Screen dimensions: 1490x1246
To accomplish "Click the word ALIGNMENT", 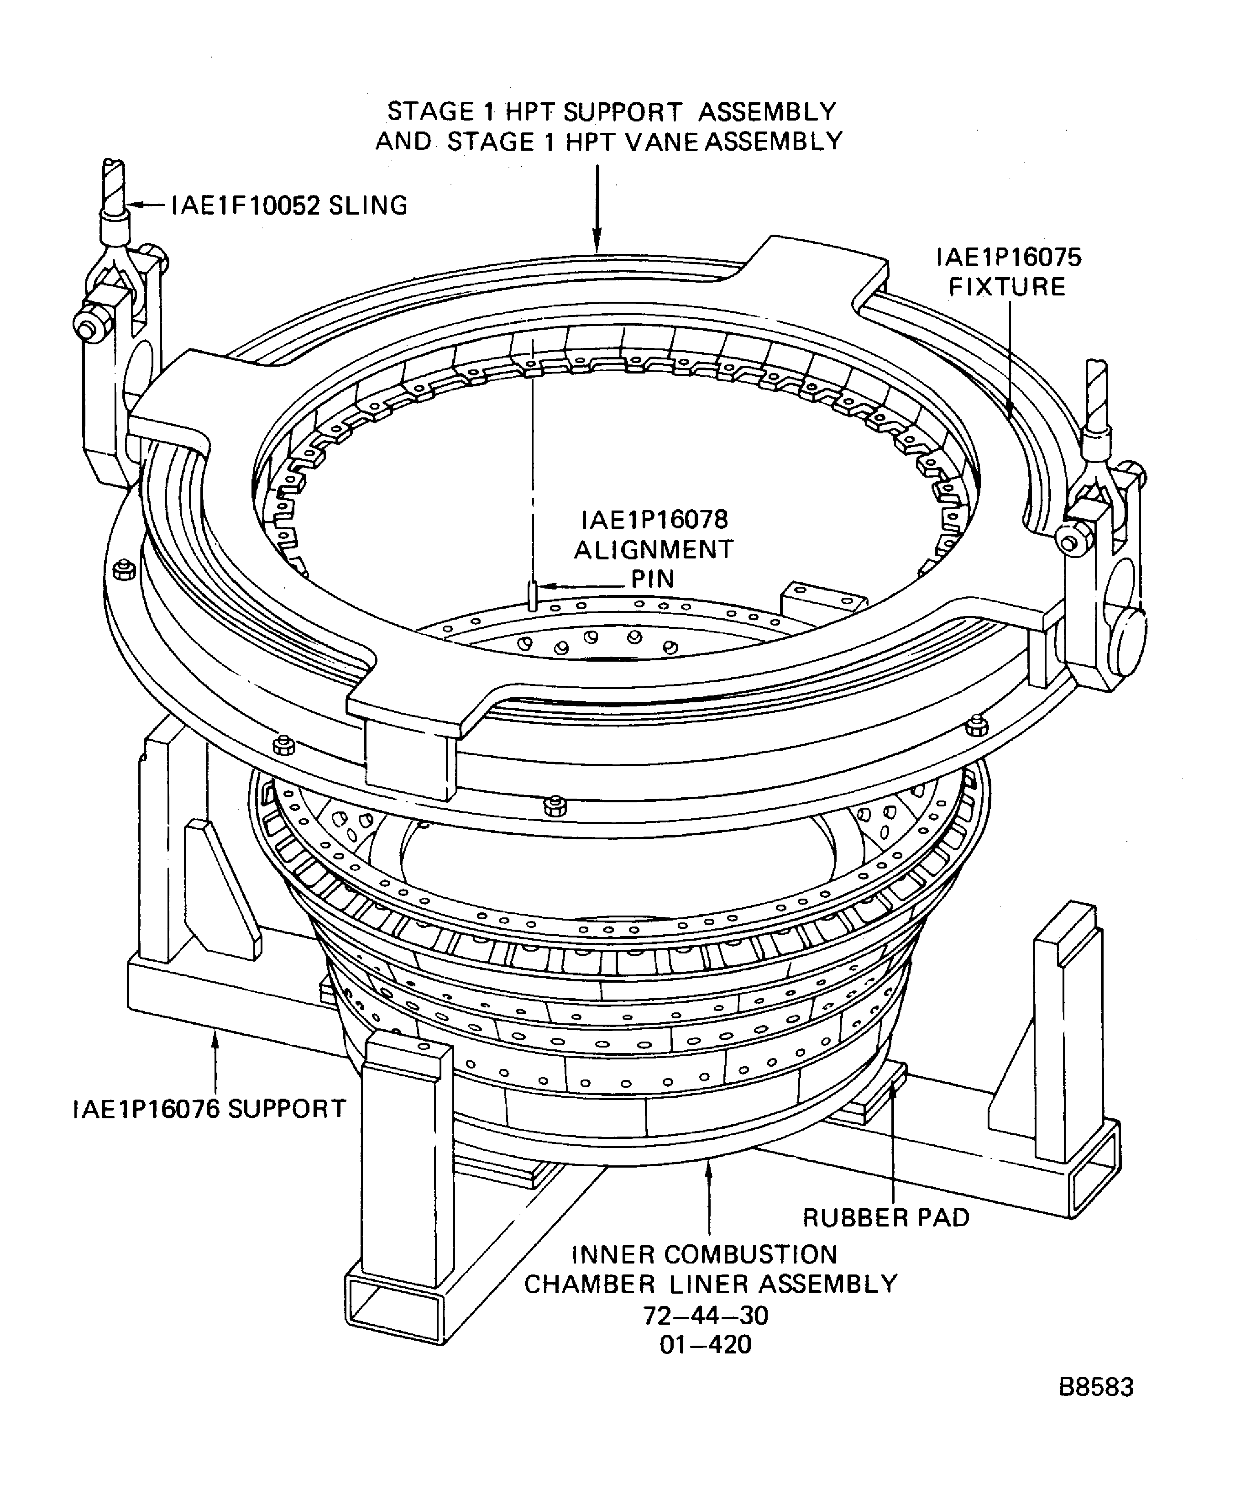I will point(653,550).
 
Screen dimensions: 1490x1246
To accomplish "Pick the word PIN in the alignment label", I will point(652,579).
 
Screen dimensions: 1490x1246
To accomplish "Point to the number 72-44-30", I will point(706,1316).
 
